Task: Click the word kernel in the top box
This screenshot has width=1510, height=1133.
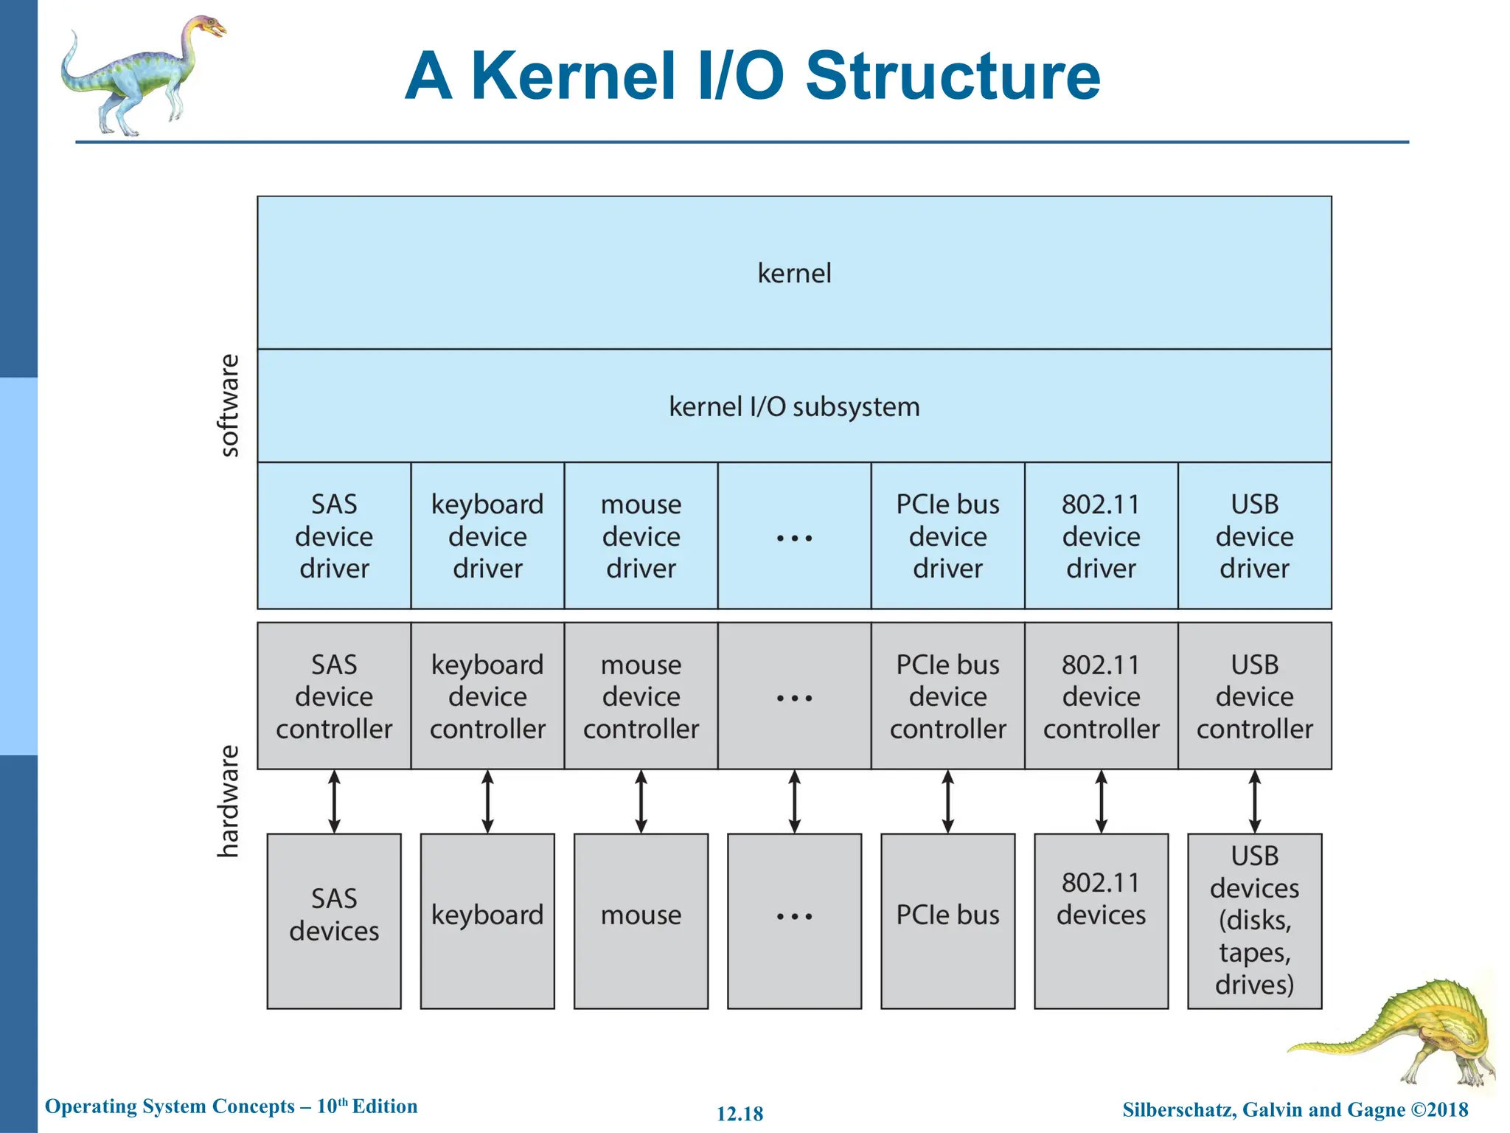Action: click(794, 274)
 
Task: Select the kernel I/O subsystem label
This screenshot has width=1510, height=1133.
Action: click(794, 407)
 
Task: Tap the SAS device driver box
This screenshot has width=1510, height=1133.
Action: click(334, 536)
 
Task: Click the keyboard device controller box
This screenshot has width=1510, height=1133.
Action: click(487, 696)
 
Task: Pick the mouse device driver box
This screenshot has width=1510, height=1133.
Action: click(641, 536)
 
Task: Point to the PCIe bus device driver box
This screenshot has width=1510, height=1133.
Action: click(947, 536)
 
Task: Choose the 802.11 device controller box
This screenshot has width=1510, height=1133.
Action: click(1101, 696)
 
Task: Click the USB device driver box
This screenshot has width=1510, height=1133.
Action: click(1254, 536)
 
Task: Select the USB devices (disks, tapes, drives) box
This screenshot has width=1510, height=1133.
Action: click(1254, 921)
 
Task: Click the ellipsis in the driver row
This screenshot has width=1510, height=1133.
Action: click(794, 538)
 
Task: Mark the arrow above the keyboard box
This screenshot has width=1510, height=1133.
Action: click(487, 802)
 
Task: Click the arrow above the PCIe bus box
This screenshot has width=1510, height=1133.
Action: click(947, 802)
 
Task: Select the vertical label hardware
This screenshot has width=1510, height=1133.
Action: click(229, 802)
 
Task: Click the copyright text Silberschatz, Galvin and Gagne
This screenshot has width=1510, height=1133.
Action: click(1264, 1109)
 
